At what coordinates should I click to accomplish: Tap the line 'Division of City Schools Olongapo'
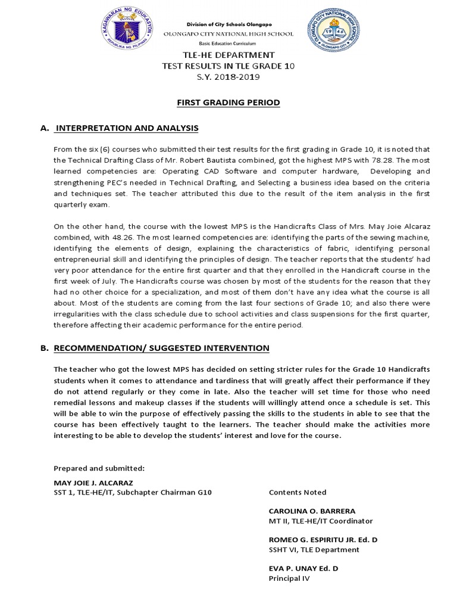pyautogui.click(x=228, y=24)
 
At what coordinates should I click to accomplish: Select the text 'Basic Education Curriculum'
pyautogui.click(x=228, y=44)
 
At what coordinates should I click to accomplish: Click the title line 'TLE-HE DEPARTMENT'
pyautogui.click(x=228, y=55)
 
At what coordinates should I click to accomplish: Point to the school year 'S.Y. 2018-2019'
pyautogui.click(x=228, y=77)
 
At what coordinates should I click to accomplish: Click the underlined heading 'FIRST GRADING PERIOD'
pyautogui.click(x=228, y=102)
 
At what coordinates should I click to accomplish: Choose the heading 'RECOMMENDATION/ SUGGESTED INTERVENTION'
pyautogui.click(x=161, y=348)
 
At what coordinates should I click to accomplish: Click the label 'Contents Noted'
pyautogui.click(x=298, y=492)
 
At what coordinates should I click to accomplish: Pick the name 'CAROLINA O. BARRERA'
pyautogui.click(x=312, y=511)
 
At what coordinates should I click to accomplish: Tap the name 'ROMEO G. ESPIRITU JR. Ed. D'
pyautogui.click(x=323, y=540)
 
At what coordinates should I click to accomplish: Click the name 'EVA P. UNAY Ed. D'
pyautogui.click(x=303, y=568)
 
